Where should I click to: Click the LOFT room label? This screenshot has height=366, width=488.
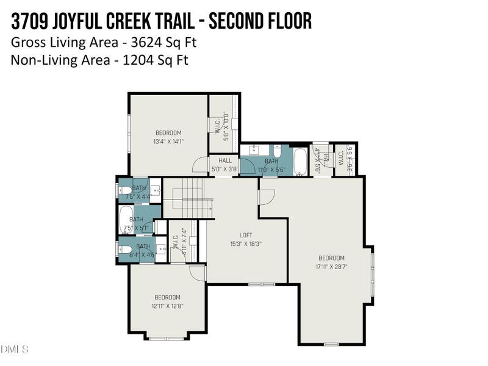click(246, 235)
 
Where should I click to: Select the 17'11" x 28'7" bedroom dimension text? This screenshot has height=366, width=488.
click(332, 267)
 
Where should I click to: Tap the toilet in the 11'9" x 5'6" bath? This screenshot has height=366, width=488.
click(276, 150)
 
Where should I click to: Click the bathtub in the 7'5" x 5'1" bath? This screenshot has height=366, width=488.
click(126, 221)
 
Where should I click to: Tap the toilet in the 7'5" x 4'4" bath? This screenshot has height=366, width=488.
click(124, 190)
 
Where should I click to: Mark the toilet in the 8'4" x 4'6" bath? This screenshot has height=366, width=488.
click(124, 249)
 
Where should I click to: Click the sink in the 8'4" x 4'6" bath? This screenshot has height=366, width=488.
click(160, 249)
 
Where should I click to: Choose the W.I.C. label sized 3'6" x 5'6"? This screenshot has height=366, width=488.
click(350, 160)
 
